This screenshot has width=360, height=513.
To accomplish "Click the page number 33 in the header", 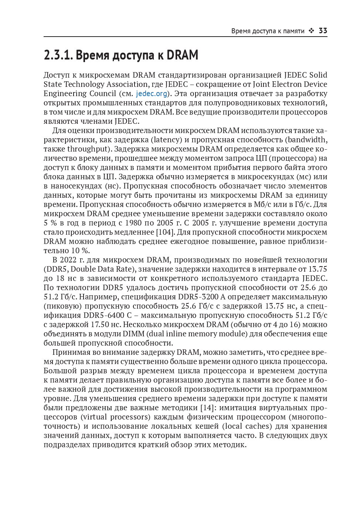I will click(323, 31).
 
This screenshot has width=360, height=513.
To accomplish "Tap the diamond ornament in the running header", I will click(312, 31).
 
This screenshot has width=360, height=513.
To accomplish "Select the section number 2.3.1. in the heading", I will click(58, 55).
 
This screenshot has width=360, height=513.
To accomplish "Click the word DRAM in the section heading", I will click(182, 55).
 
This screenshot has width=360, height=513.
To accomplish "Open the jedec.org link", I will click(152, 94).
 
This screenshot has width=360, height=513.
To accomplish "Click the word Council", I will click(102, 94).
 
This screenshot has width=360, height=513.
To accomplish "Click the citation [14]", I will click(207, 408).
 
